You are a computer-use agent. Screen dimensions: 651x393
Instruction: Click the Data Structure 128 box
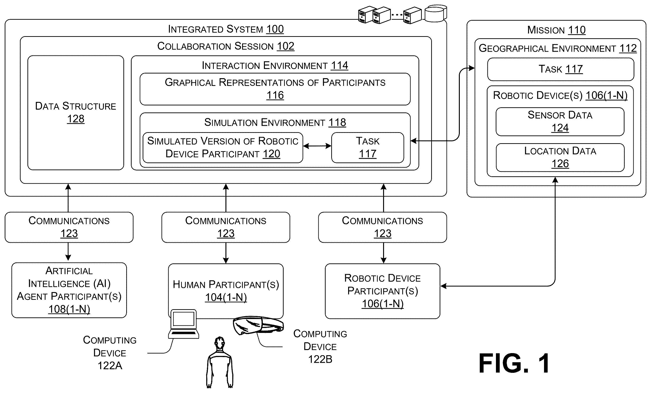pos(76,113)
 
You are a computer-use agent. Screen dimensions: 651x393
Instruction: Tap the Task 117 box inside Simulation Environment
pos(368,148)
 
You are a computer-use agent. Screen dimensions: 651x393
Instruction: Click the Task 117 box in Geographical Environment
pos(560,69)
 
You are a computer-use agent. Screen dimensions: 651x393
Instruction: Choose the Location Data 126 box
pos(560,158)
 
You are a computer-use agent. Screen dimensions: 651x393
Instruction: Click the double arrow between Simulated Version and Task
pos(317,146)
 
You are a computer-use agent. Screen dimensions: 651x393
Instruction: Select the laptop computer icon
pos(184,324)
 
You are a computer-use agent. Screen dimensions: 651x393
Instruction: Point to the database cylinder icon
pos(436,13)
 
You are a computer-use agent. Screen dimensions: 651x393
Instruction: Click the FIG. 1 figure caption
pos(514,363)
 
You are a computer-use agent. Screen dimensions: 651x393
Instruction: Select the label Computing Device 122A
pos(110,353)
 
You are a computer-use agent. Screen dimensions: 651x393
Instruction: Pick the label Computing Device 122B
pos(320,347)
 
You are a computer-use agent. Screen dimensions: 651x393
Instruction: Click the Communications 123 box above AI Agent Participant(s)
pos(69,227)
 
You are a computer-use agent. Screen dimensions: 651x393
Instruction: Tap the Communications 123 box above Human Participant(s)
pos(226,227)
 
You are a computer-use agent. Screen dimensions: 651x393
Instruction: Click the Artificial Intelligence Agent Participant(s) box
pos(69,290)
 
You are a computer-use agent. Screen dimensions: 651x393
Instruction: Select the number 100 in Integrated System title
pos(275,29)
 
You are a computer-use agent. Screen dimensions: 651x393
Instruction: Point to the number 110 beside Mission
pos(577,30)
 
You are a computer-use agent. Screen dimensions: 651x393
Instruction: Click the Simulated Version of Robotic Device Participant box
pos(223,148)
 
